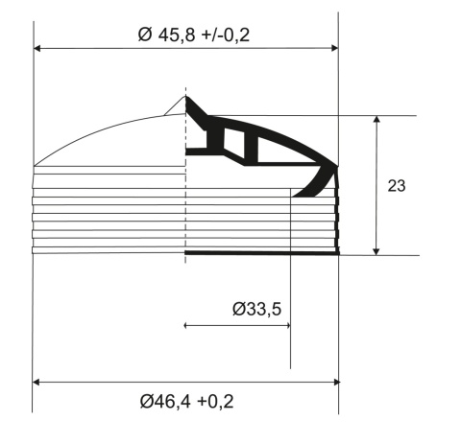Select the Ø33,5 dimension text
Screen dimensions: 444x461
pos(255,309)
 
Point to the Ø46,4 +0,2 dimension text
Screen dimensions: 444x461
pos(185,400)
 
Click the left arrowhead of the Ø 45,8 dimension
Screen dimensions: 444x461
pos(37,47)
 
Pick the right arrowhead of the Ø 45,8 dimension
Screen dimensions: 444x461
pos(334,47)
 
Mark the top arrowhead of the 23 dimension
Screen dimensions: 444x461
pos(377,120)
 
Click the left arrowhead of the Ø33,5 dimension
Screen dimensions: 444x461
pos(187,326)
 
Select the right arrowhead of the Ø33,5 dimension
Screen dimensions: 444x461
pos(285,326)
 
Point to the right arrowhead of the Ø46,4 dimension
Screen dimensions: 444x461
pos(334,382)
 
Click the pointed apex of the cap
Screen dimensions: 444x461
pos(186,95)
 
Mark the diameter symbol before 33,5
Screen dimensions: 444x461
pos(239,309)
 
